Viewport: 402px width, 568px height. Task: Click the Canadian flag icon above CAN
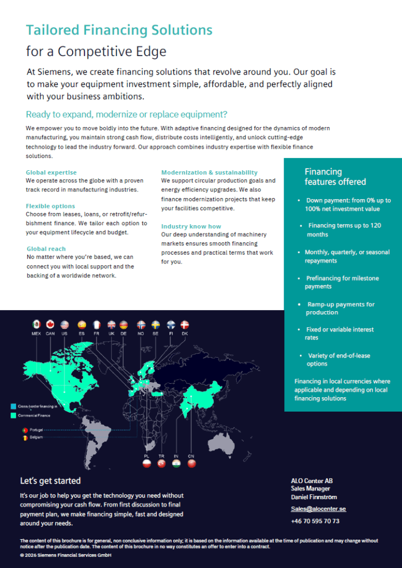[50, 324]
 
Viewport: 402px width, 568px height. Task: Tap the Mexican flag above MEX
[36, 324]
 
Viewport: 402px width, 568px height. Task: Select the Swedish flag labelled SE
[156, 324]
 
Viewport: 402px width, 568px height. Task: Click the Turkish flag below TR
[162, 463]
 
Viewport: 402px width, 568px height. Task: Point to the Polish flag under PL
[147, 463]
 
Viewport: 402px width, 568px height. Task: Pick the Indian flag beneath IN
[177, 463]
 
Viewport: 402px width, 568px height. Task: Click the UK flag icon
[112, 324]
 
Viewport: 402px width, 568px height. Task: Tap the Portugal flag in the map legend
[24, 430]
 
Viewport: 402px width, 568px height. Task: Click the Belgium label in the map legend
[37, 437]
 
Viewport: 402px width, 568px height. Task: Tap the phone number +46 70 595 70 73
[315, 521]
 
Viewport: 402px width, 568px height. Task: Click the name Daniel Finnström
[314, 496]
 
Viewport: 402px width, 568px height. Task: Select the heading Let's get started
[51, 481]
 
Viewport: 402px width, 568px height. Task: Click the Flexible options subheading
[51, 206]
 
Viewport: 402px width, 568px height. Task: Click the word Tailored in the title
[51, 29]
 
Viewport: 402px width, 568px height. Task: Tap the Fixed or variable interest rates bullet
[339, 333]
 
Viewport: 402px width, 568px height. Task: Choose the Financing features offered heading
[335, 177]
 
